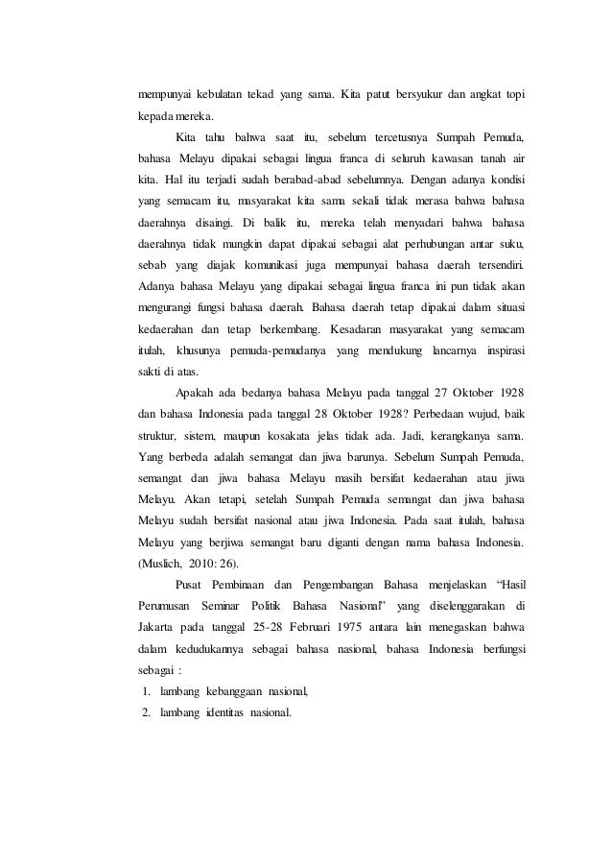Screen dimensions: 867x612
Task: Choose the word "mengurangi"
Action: [169, 307]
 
